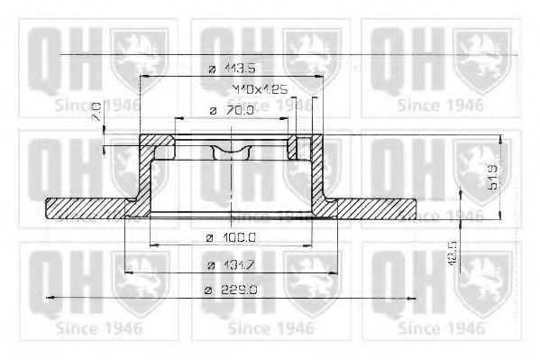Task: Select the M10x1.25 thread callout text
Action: tap(233, 90)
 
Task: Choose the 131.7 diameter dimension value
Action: tap(235, 265)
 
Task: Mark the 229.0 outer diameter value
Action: tap(235, 290)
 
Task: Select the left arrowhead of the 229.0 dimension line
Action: tap(49, 297)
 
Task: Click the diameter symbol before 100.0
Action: tap(210, 238)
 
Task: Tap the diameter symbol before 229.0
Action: tap(208, 291)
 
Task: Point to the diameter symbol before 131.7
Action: tap(208, 265)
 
